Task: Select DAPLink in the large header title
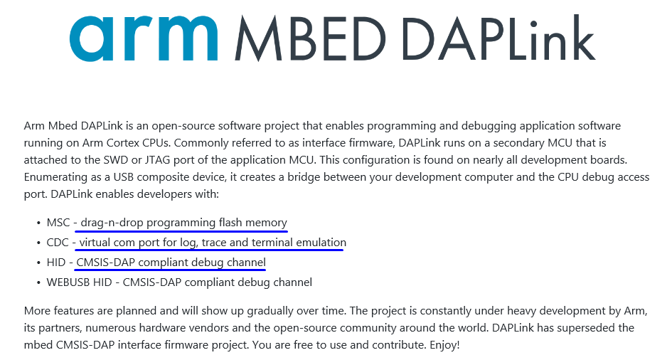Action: click(x=497, y=39)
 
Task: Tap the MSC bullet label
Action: click(x=58, y=223)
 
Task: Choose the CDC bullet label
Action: click(x=58, y=243)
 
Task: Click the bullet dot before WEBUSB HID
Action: click(x=38, y=282)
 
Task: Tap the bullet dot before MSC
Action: click(x=38, y=223)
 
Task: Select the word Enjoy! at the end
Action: click(x=443, y=344)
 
